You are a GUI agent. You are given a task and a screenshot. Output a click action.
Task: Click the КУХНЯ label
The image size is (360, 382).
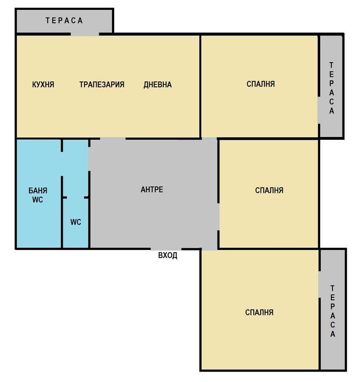click(43, 85)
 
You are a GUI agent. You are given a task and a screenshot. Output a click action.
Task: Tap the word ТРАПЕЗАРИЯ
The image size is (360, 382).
click(102, 85)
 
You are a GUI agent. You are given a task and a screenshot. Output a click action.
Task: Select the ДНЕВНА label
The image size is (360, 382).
click(157, 85)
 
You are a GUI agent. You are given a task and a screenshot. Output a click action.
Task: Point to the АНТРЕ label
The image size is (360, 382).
click(152, 190)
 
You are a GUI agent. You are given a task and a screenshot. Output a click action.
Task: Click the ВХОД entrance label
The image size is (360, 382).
click(167, 255)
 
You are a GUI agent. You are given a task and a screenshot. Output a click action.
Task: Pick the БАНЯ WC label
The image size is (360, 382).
click(38, 195)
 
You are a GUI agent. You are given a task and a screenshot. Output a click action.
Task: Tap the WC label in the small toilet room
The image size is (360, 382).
click(76, 222)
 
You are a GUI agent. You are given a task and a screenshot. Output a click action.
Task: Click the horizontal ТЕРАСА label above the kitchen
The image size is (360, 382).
click(64, 21)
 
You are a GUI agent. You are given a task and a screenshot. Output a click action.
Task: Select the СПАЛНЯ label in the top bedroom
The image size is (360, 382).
click(261, 84)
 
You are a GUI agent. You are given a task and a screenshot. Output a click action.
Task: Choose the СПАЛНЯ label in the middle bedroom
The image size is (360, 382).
click(269, 190)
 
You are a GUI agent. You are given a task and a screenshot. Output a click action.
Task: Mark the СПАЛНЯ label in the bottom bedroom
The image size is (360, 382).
click(259, 313)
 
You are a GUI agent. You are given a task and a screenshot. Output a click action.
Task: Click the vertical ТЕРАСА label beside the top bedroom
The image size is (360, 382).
click(332, 87)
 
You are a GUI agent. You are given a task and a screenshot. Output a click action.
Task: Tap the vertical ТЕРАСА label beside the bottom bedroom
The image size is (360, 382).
click(333, 311)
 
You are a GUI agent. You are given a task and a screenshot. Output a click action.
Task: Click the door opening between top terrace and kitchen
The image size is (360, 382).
click(85, 34)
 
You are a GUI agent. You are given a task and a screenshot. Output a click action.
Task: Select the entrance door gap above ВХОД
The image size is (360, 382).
click(166, 249)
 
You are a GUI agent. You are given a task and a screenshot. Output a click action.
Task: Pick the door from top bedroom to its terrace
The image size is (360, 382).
click(319, 111)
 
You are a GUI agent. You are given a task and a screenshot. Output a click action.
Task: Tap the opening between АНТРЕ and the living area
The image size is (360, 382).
click(113, 139)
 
